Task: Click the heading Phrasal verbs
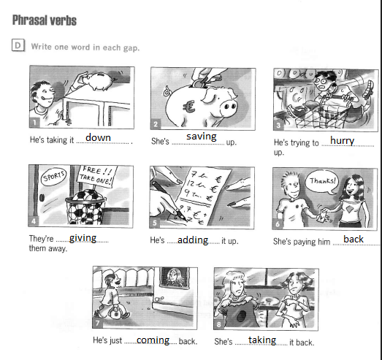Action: pyautogui.click(x=45, y=20)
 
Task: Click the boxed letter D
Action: pyautogui.click(x=18, y=45)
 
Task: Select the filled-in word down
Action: pyautogui.click(x=98, y=137)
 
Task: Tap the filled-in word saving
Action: pyautogui.click(x=202, y=137)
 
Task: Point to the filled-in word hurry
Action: pyautogui.click(x=343, y=141)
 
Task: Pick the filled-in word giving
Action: pyautogui.click(x=83, y=238)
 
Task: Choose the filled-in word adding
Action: pyautogui.click(x=193, y=240)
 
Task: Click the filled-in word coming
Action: pyautogui.click(x=153, y=340)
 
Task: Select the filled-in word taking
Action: pyautogui.click(x=262, y=340)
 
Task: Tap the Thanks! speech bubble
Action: pyautogui.click(x=322, y=182)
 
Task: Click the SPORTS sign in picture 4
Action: pyautogui.click(x=53, y=177)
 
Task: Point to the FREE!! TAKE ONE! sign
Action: pyautogui.click(x=97, y=176)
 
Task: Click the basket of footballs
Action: pyautogui.click(x=85, y=207)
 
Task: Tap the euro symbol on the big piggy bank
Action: pyautogui.click(x=188, y=107)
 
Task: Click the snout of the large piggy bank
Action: pyautogui.click(x=228, y=107)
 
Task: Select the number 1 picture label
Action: pyautogui.click(x=34, y=122)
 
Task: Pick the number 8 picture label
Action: pyautogui.click(x=218, y=324)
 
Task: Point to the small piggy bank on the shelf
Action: pyautogui.click(x=101, y=80)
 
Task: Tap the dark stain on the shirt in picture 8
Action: pyautogui.click(x=241, y=316)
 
